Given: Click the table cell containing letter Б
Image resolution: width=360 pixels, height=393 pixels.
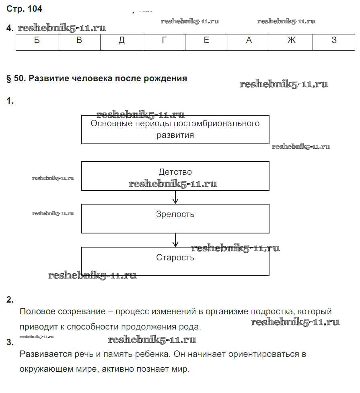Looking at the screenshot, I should pyautogui.click(x=37, y=41).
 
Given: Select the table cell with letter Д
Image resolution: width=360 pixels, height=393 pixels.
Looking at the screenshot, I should pyautogui.click(x=121, y=41).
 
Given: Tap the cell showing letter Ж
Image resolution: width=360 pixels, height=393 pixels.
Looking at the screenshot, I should pyautogui.click(x=291, y=41).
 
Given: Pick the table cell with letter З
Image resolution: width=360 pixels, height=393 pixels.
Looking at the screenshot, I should pyautogui.click(x=334, y=41).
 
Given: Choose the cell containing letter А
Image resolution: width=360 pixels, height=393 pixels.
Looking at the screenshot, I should pyautogui.click(x=249, y=41).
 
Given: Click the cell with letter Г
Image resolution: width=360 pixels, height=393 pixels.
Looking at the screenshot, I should pyautogui.click(x=164, y=41).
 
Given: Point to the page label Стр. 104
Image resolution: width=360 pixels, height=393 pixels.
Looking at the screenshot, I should pyautogui.click(x=24, y=9).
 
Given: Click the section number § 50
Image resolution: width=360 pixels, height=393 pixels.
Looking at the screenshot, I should pyautogui.click(x=16, y=79).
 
